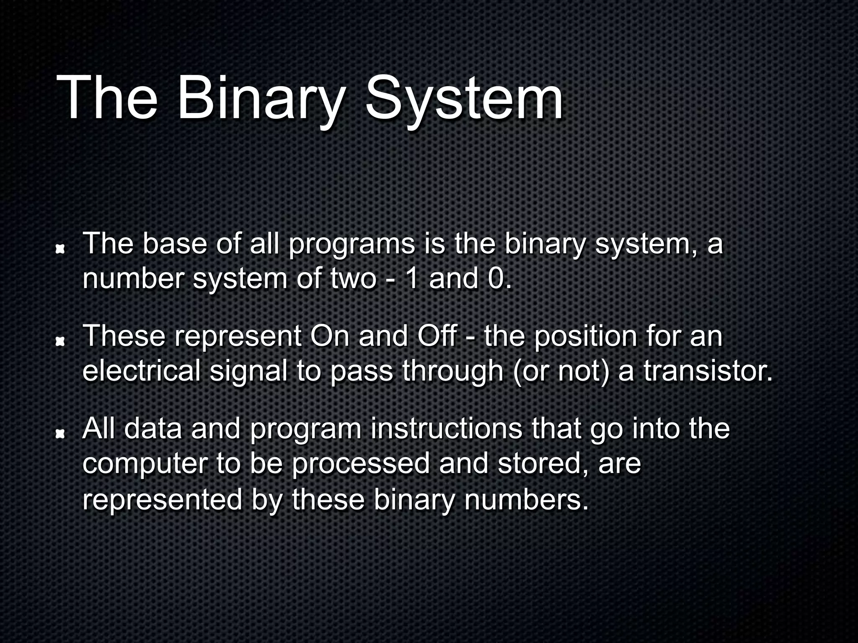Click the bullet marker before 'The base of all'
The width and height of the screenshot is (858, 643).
pos(61,249)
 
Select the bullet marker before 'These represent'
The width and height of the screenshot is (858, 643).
pos(61,342)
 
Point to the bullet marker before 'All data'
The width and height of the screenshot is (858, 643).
pos(61,435)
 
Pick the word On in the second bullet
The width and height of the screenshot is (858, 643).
pos(329,336)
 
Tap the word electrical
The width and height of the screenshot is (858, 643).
pos(141,371)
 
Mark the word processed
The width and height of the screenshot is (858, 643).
pos(360,464)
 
